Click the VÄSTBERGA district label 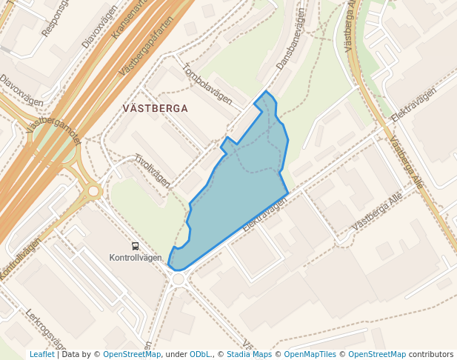[155, 108]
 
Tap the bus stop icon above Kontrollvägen [135, 247]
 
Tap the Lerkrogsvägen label [46, 330]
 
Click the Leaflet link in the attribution [41, 354]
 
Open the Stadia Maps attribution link [249, 354]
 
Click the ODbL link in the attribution [199, 354]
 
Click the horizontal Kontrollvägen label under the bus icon [135, 259]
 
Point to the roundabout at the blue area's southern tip [178, 279]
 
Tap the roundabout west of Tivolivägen [93, 191]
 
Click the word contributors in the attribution [431, 354]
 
